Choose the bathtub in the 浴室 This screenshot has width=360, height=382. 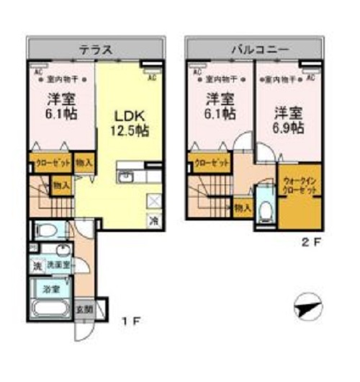(51, 311)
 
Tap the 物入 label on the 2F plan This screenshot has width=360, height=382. (243, 208)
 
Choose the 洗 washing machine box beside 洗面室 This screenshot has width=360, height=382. (37, 265)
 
